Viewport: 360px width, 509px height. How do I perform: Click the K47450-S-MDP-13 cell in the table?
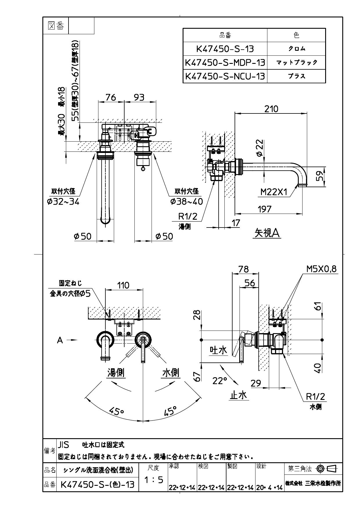[x=225, y=62]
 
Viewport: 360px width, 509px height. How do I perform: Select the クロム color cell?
[x=296, y=49]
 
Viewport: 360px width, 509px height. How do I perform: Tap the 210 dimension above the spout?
[x=271, y=109]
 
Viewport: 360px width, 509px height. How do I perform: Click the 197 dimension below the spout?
[x=264, y=209]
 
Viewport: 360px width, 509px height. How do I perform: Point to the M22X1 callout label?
[x=274, y=192]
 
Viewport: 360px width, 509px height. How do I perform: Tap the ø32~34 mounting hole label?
[x=63, y=201]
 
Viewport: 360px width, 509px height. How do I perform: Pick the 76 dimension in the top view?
[x=111, y=97]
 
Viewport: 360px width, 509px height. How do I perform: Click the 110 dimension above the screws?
[x=123, y=285]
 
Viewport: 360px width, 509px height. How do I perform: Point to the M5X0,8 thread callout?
[x=321, y=269]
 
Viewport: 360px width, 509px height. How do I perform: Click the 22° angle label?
[x=219, y=381]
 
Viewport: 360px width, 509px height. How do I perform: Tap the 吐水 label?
[x=218, y=350]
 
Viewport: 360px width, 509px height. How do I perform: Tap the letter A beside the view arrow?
[x=60, y=340]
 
